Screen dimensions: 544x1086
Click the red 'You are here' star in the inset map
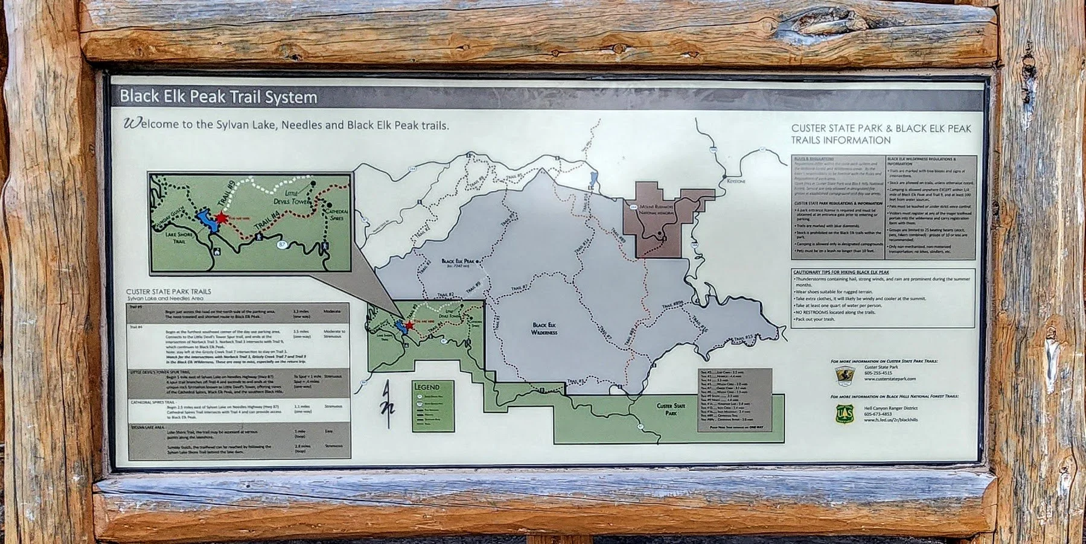pos(222,218)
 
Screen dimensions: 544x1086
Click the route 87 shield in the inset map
pos(281,244)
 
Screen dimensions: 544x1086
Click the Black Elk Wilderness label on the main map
pos(544,329)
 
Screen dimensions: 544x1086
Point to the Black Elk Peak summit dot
pos(478,261)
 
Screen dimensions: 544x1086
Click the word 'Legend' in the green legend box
pos(426,387)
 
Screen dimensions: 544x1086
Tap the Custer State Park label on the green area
pos(671,409)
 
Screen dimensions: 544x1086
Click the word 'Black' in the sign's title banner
pos(139,96)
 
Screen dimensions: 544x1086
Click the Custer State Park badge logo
pos(845,375)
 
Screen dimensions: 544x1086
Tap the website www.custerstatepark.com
pos(890,379)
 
